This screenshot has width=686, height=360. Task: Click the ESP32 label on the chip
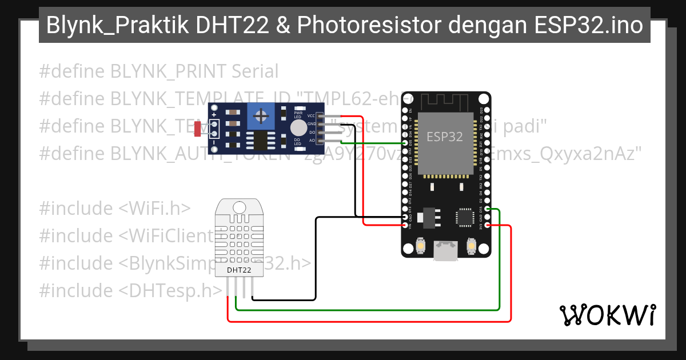click(x=445, y=137)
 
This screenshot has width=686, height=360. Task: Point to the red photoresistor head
click(x=197, y=129)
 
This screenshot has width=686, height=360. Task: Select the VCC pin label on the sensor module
click(x=311, y=116)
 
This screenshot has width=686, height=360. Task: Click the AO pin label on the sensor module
click(x=312, y=140)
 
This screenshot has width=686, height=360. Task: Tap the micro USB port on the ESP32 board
click(x=445, y=251)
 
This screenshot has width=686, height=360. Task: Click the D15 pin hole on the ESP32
click(x=486, y=210)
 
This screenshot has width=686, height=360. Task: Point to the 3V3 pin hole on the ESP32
click(x=486, y=225)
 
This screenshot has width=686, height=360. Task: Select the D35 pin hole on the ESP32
click(x=405, y=143)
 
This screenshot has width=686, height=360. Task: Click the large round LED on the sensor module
click(x=298, y=127)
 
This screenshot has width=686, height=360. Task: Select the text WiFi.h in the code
click(x=154, y=208)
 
